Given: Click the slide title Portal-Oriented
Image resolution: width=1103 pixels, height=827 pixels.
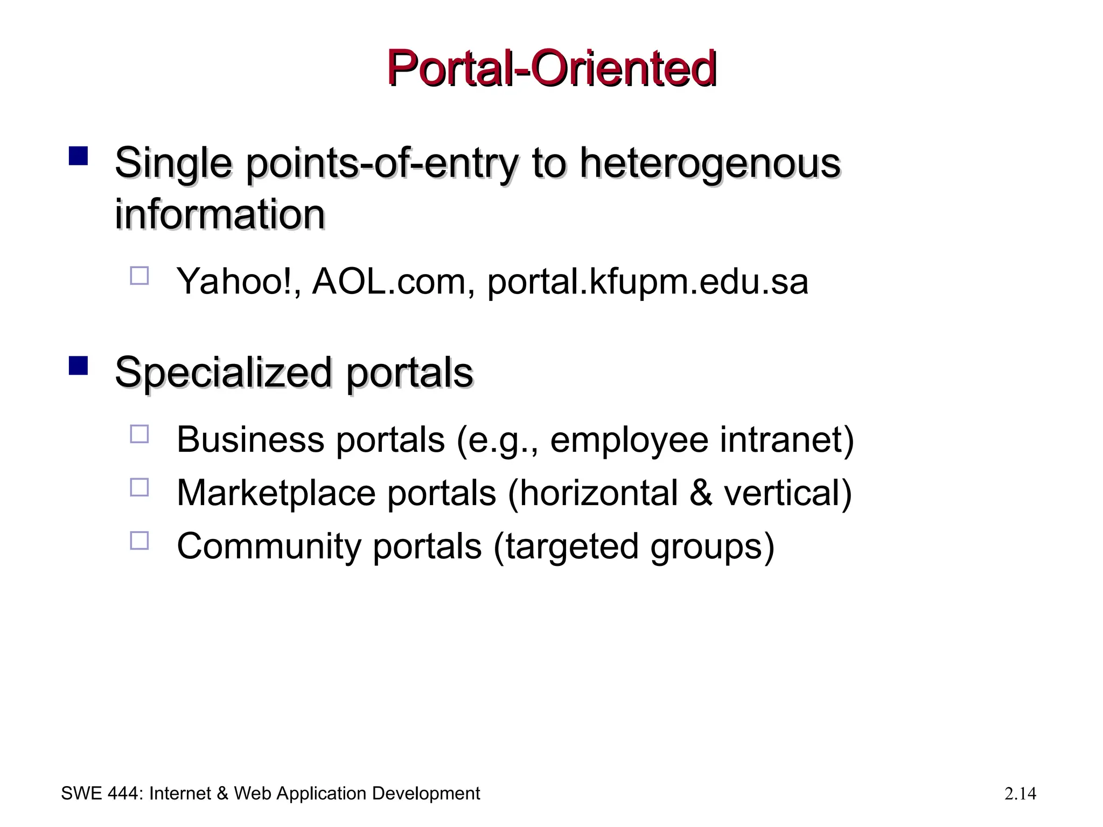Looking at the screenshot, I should [x=551, y=68].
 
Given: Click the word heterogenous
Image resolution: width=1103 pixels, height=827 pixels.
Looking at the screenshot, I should [x=710, y=163].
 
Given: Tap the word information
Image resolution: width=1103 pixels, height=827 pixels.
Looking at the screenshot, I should [x=220, y=214].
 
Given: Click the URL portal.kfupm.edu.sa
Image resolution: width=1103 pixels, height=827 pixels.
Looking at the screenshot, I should [x=647, y=281].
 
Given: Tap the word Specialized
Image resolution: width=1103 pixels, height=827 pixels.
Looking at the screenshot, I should [x=223, y=373].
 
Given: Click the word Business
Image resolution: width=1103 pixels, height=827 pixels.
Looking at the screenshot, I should [x=250, y=439].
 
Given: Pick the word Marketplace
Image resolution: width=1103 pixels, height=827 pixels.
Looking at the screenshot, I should [x=276, y=493].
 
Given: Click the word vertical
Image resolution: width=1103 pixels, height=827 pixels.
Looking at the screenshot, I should [x=786, y=493].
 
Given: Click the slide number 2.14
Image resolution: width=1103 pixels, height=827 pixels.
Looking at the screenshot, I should [x=1020, y=794].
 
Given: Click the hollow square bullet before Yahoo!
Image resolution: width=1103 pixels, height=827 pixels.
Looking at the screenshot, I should [x=139, y=276].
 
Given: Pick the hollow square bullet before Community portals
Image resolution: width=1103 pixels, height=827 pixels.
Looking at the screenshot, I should [x=139, y=541].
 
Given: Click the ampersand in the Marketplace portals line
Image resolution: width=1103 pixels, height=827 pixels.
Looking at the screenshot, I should [x=701, y=493].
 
